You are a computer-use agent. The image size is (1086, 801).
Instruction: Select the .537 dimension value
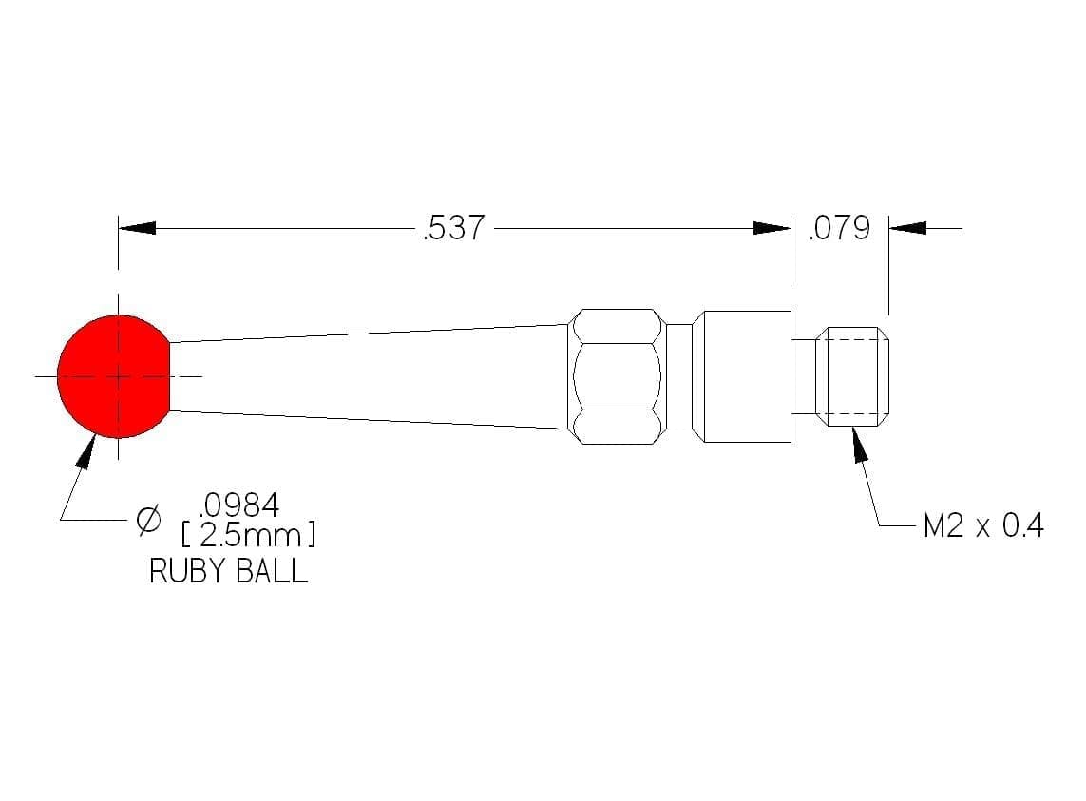tap(453, 228)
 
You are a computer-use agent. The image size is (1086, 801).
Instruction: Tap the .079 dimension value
tap(839, 228)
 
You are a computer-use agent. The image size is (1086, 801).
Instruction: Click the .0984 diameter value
tap(239, 505)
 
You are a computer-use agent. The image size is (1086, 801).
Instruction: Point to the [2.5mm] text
tap(248, 536)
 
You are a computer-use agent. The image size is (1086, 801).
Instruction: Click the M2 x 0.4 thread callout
tap(983, 526)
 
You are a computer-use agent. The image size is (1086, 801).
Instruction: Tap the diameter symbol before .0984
tap(148, 519)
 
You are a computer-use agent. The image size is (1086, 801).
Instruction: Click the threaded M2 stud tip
tap(852, 376)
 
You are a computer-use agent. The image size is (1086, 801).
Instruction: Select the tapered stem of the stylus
tap(370, 376)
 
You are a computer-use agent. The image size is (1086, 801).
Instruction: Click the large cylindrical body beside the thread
tap(742, 376)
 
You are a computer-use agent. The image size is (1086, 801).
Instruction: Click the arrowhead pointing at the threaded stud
tap(860, 444)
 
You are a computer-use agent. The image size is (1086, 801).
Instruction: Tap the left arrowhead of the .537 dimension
tap(137, 228)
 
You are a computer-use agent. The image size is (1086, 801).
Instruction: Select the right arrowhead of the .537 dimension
tap(772, 228)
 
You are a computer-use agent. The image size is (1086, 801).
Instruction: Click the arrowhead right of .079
tap(907, 228)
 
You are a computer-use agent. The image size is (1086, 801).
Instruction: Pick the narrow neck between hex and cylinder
tap(678, 376)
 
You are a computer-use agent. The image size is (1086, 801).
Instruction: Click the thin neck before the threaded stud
tap(804, 376)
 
